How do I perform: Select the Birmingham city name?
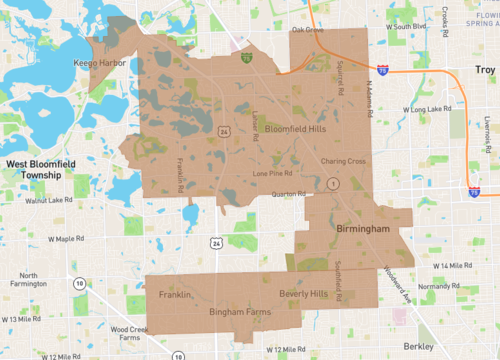[362, 229]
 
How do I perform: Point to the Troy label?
[485, 70]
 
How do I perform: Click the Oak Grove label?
[308, 30]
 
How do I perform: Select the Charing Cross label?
[342, 161]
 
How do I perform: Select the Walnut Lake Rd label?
[49, 200]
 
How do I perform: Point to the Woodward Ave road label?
[394, 285]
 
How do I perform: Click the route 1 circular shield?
[332, 184]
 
